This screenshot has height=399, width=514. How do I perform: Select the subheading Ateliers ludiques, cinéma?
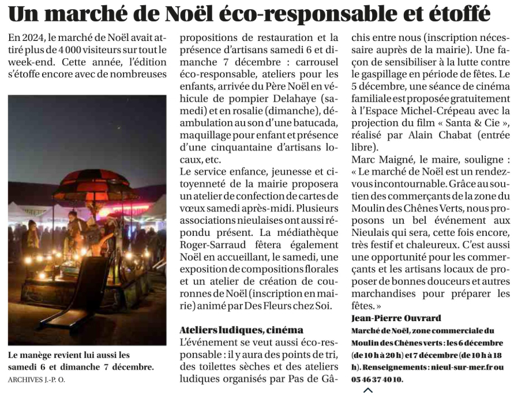click(241, 330)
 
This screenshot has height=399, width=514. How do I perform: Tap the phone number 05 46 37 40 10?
click(377, 379)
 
